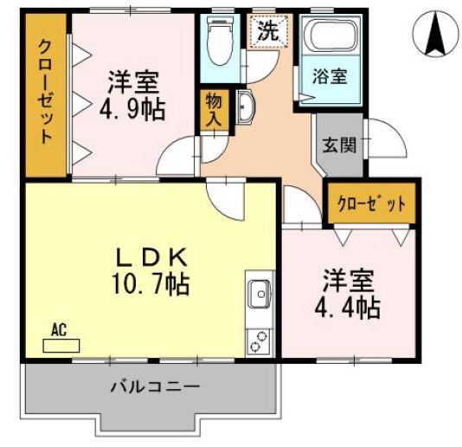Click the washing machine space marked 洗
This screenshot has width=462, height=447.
click(x=269, y=31)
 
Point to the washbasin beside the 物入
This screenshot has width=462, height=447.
click(x=246, y=107)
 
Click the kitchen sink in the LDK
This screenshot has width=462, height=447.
click(x=260, y=294)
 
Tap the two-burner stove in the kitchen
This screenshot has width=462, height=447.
click(x=260, y=341)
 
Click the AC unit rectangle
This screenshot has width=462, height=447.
click(x=61, y=346)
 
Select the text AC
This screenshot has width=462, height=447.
click(x=59, y=330)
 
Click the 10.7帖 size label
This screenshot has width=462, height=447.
click(x=151, y=284)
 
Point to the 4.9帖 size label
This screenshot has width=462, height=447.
click(x=132, y=108)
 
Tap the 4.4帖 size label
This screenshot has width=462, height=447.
click(x=348, y=308)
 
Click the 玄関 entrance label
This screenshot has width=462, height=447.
click(x=339, y=145)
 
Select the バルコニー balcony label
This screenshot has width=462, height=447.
click(x=156, y=386)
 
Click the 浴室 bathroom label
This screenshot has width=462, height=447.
click(x=330, y=76)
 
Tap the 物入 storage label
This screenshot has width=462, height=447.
click(x=214, y=110)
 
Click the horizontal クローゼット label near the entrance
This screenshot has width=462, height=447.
click(x=372, y=204)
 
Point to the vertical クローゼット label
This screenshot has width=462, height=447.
click(x=46, y=92)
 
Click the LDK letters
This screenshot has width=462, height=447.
click(x=151, y=257)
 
